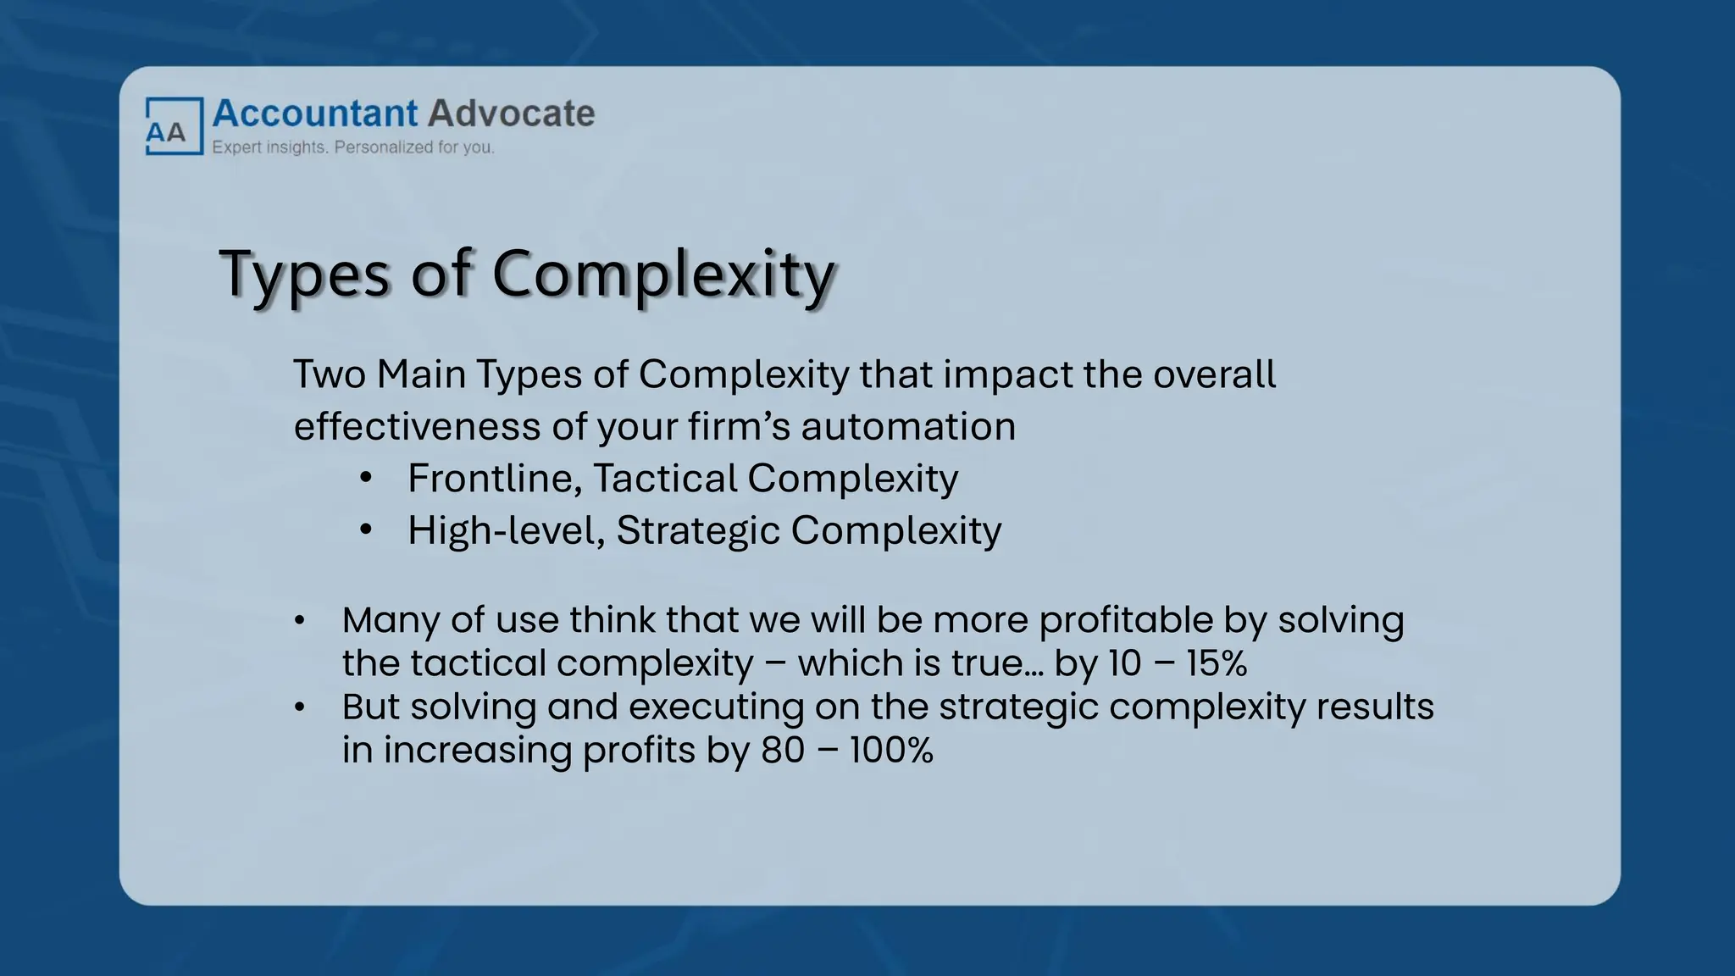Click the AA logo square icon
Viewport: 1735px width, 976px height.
(175, 126)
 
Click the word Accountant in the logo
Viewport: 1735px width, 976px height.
(315, 114)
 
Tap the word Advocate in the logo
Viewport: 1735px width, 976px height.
(511, 114)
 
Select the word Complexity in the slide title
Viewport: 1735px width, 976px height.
(663, 274)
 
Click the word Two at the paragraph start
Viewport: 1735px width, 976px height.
(329, 374)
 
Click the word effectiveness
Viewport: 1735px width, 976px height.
(417, 426)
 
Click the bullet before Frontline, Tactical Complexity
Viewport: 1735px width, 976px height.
(366, 479)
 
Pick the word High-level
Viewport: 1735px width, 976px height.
(506, 531)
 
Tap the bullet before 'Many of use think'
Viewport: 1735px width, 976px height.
(299, 621)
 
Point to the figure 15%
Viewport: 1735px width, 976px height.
(1217, 663)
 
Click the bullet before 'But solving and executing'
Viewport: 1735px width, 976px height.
(299, 707)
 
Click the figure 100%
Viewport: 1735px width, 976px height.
(891, 751)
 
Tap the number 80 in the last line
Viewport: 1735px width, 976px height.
(783, 751)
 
